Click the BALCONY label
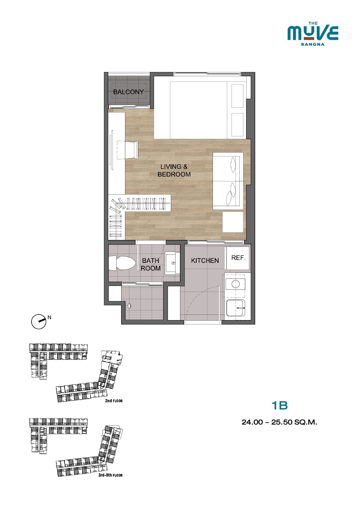(129, 92)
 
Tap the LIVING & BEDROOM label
(174, 170)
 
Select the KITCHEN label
(205, 261)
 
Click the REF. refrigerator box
(238, 258)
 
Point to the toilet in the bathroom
(122, 263)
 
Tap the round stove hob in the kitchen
(235, 284)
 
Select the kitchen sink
(236, 308)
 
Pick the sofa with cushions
(228, 181)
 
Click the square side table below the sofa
(233, 222)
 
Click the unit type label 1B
(279, 405)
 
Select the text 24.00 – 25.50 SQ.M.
(279, 422)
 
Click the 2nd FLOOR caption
(114, 401)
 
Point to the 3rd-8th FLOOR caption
(111, 475)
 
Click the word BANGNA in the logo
(313, 44)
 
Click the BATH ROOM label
(151, 264)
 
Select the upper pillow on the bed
(237, 96)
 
